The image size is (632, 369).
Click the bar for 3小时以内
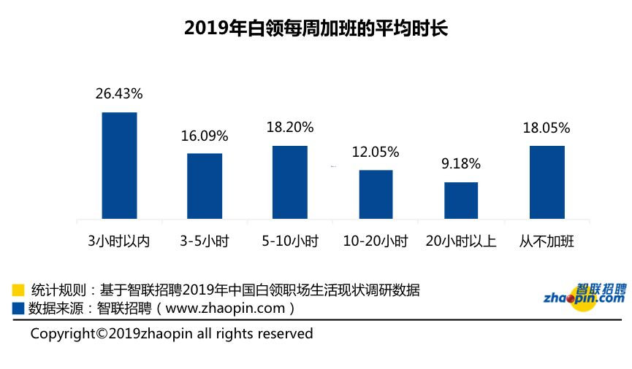(x=119, y=166)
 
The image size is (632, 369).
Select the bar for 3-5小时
(x=205, y=186)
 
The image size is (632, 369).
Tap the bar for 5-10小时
(x=290, y=182)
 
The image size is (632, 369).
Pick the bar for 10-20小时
(x=376, y=194)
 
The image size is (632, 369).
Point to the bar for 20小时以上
(x=461, y=201)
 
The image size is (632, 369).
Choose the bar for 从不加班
(x=547, y=182)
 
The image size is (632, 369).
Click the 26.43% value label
(x=119, y=94)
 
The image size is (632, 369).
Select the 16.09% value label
(x=205, y=136)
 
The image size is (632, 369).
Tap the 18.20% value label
(x=290, y=128)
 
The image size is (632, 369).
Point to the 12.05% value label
(x=376, y=152)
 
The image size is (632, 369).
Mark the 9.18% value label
(x=461, y=165)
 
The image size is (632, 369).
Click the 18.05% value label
(x=547, y=128)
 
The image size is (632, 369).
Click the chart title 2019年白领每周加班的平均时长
(x=316, y=28)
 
